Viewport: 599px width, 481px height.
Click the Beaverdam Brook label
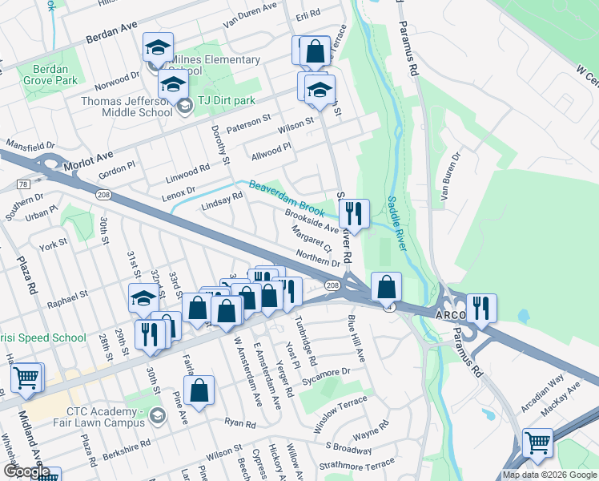286,199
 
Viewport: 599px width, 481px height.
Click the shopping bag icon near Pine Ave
199,391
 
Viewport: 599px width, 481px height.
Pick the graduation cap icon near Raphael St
144,299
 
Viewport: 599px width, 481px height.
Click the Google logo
27,471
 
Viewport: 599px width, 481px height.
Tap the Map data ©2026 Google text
548,475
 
